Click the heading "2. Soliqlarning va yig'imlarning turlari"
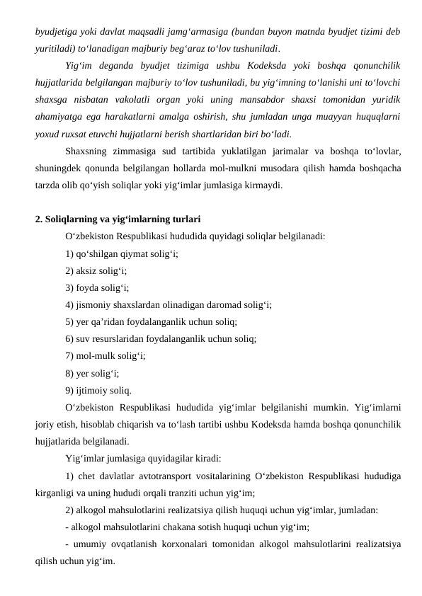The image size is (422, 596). coord(118,219)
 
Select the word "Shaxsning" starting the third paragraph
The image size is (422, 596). coord(86,151)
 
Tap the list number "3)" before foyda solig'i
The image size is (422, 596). coord(69,288)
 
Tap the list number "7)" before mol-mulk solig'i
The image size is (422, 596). coord(69,356)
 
